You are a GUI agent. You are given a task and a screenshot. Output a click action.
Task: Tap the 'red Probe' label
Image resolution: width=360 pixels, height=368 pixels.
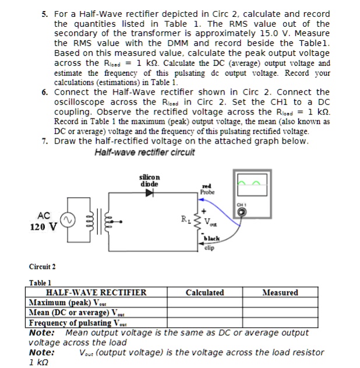(207, 189)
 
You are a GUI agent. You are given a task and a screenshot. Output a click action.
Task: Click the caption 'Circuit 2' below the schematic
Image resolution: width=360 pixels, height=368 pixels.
(43, 267)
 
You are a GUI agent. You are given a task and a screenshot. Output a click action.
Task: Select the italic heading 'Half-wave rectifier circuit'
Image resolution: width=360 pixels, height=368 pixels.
(144, 153)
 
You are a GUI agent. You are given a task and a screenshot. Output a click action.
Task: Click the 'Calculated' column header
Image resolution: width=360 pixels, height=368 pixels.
(204, 293)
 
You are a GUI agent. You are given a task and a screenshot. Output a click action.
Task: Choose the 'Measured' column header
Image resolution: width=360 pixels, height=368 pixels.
(280, 293)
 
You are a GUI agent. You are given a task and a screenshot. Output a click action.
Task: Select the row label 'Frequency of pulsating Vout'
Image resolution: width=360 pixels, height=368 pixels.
(78, 323)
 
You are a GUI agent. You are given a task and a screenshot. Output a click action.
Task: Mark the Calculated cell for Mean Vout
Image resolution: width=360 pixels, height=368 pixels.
(204, 313)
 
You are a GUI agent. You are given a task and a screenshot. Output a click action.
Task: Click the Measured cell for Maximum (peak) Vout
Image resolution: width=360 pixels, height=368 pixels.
(280, 303)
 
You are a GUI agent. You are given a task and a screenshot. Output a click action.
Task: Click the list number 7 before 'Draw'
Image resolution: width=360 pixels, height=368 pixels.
(44, 141)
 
